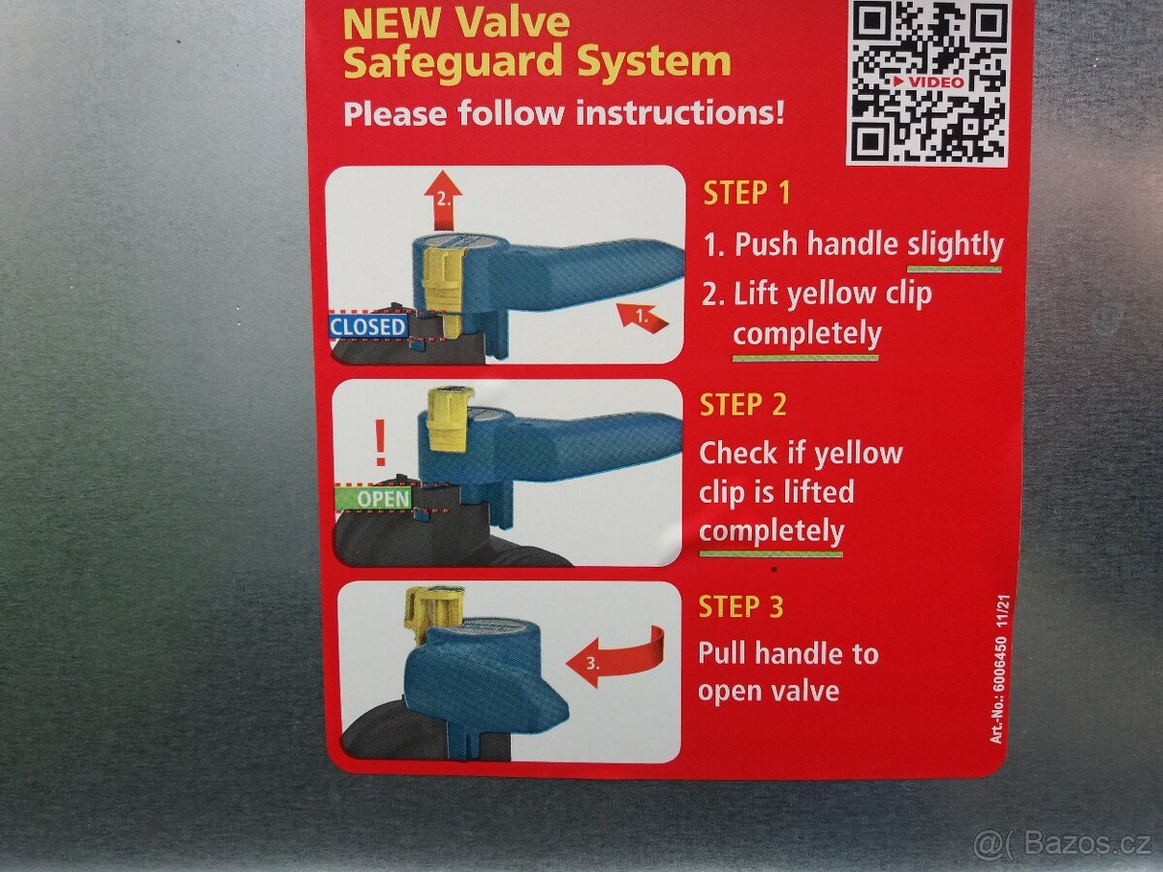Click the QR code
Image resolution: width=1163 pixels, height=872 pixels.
tap(927, 82)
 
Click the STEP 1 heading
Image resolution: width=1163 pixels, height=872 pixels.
tap(746, 193)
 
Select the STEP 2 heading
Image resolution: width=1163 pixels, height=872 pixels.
tap(742, 404)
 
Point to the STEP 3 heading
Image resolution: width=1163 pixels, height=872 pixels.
tap(740, 607)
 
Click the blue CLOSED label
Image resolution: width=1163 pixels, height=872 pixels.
tap(367, 327)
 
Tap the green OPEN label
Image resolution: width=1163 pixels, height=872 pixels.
tap(373, 499)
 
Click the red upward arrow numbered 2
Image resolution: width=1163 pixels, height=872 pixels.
tap(443, 202)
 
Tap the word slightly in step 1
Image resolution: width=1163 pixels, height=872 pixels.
tap(956, 246)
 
